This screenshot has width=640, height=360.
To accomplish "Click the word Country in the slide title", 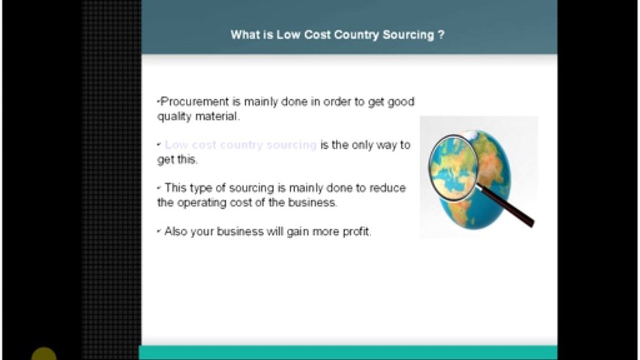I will tap(356, 35).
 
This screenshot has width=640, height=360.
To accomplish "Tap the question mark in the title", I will tap(441, 35).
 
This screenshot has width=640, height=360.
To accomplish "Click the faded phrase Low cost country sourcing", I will tap(240, 145).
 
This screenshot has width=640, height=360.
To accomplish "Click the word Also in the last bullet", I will tap(176, 231).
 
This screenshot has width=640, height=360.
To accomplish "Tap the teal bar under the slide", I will tap(348, 352).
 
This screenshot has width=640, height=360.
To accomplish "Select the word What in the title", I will tap(244, 35).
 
